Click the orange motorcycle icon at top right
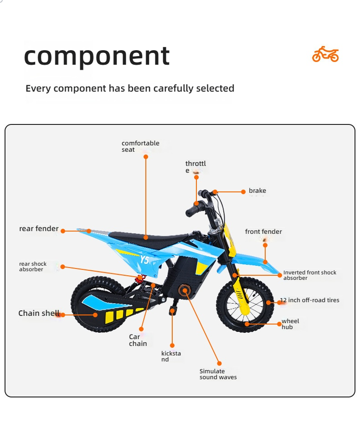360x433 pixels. (x=325, y=54)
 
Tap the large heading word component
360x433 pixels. (x=97, y=56)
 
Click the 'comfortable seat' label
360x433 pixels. (x=140, y=146)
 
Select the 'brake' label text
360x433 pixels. (x=257, y=191)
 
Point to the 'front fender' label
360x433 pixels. (x=263, y=232)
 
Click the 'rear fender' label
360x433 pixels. (x=39, y=228)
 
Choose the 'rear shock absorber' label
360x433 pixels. (x=33, y=267)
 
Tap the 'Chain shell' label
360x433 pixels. (x=39, y=313)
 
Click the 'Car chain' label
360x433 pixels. (x=138, y=340)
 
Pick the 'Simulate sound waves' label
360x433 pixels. (x=218, y=374)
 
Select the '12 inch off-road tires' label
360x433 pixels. (x=309, y=300)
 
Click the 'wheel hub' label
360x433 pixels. (x=290, y=324)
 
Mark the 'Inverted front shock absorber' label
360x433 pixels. (x=310, y=275)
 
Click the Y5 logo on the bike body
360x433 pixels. (x=144, y=260)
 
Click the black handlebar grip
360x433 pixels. (x=192, y=211)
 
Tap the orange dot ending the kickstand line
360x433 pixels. (x=172, y=345)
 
